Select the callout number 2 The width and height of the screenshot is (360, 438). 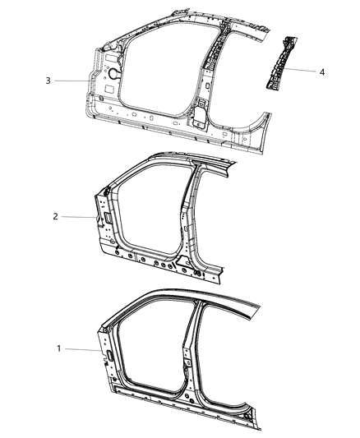pos(54,217)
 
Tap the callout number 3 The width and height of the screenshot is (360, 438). pos(48,81)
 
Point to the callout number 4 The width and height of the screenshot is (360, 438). pos(322,72)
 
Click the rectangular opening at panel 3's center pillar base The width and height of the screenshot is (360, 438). pos(199,108)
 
